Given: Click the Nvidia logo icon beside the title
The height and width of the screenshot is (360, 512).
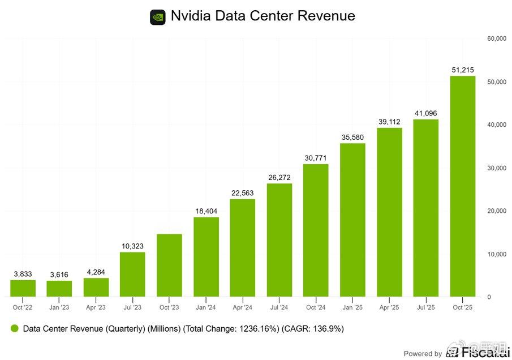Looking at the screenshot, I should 158,17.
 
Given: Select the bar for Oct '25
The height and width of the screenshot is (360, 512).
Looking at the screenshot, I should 462,186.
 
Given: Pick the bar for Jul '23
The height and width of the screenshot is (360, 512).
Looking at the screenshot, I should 132,274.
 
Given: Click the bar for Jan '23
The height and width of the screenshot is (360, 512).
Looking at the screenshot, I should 59,288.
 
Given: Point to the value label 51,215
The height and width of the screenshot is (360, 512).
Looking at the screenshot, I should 462,70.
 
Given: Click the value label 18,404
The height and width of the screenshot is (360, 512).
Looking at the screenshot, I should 205,211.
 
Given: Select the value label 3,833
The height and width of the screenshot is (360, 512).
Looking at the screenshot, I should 23,274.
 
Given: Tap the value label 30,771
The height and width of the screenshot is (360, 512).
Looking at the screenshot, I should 316,158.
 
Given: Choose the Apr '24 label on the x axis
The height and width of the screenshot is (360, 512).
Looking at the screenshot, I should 242,307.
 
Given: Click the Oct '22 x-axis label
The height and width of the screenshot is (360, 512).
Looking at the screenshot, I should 23,307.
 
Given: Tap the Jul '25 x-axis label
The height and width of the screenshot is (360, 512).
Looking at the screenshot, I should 425,307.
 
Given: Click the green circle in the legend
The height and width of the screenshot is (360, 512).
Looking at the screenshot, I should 15,328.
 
